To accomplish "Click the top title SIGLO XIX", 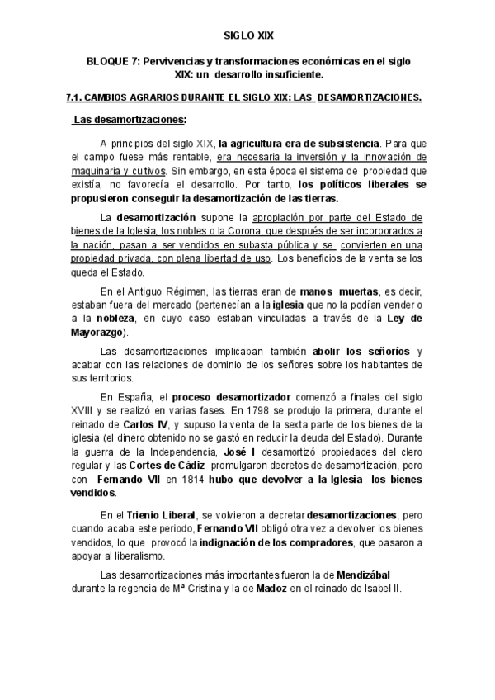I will (247, 36).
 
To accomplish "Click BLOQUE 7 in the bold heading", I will (115, 63).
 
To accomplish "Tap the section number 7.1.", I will (75, 97).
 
